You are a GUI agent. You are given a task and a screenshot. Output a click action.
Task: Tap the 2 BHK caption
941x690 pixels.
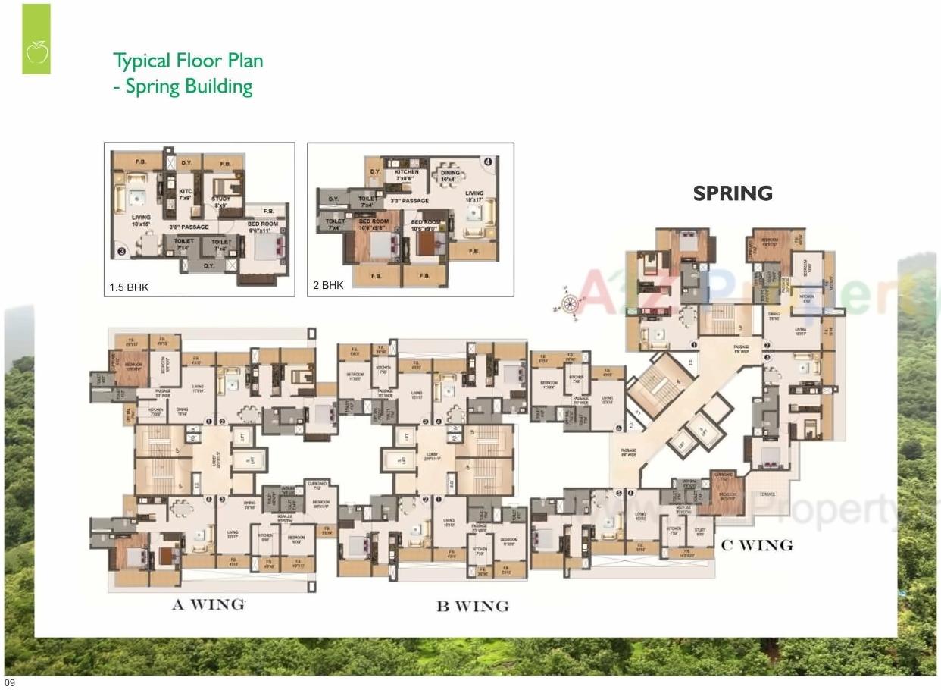tap(327, 286)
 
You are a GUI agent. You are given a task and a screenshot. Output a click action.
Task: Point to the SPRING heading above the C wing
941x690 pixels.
tap(733, 193)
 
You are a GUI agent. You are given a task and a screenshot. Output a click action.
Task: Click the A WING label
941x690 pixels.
tap(208, 604)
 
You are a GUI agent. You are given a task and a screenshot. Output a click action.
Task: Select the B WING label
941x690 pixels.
tap(472, 606)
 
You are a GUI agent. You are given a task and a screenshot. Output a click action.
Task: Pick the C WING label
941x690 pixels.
tap(756, 544)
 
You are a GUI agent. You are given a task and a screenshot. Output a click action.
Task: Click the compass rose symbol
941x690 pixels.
tap(569, 303)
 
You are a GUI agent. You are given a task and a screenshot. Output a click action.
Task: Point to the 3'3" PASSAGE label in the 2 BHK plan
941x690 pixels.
tap(409, 201)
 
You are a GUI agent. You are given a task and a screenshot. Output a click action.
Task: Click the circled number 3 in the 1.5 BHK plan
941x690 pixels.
tap(120, 251)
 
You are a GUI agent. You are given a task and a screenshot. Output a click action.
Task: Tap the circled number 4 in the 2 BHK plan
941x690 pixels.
tap(488, 161)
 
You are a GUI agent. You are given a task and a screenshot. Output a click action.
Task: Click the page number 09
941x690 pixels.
tap(10, 683)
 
